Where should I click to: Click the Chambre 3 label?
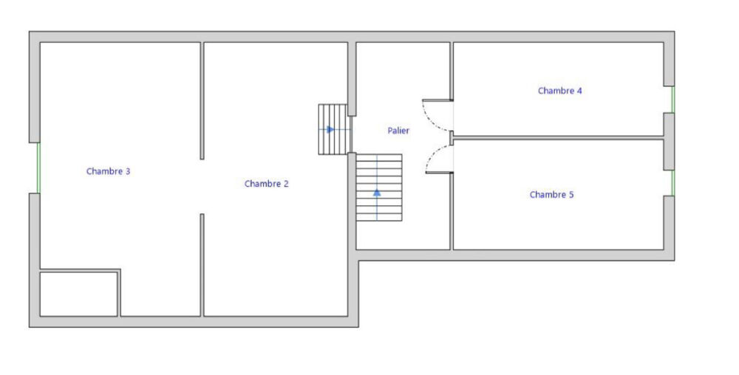tap(109, 171)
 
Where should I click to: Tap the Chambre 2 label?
tap(266, 184)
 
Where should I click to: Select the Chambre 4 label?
tap(560, 90)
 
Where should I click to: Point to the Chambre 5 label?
tap(551, 194)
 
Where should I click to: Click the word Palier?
tap(398, 131)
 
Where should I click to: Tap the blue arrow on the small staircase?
tap(330, 129)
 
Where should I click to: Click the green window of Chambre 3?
tap(38, 168)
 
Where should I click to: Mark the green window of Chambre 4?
tap(673, 99)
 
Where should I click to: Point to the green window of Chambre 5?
tap(673, 182)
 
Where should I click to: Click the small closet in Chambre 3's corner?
tap(79, 294)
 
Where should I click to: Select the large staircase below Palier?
tap(379, 187)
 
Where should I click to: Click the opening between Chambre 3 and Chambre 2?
tap(202, 187)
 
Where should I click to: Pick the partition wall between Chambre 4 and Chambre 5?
tap(558, 137)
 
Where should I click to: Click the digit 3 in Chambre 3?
tap(128, 171)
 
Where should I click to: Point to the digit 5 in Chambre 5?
tap(572, 194)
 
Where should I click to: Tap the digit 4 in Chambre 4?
tap(579, 90)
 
